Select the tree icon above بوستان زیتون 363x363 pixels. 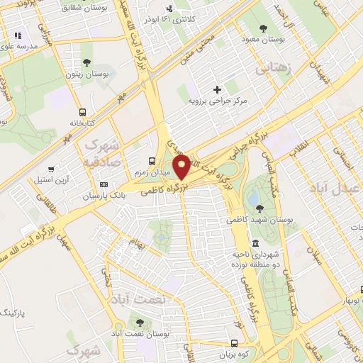pyautogui.click(x=86, y=62)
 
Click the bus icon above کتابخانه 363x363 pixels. pyautogui.click(x=84, y=111)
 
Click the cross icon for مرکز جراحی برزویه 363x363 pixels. pyautogui.click(x=218, y=89)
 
